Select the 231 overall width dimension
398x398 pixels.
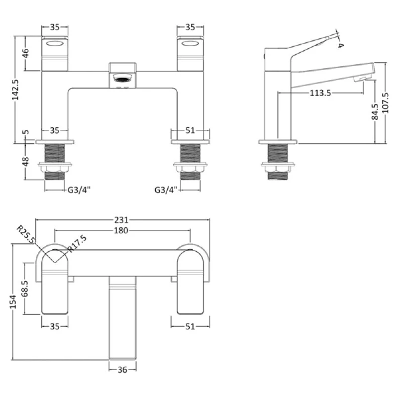[x=122, y=219]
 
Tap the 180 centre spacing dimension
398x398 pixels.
[x=121, y=230]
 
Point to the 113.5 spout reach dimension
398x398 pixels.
[x=320, y=93]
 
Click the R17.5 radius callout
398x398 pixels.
[x=77, y=244]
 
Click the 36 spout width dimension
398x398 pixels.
[x=122, y=369]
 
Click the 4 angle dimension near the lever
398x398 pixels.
[x=341, y=45]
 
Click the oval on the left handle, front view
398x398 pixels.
[x=55, y=44]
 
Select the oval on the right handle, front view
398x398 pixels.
[x=190, y=44]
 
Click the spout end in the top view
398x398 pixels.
[x=122, y=353]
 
